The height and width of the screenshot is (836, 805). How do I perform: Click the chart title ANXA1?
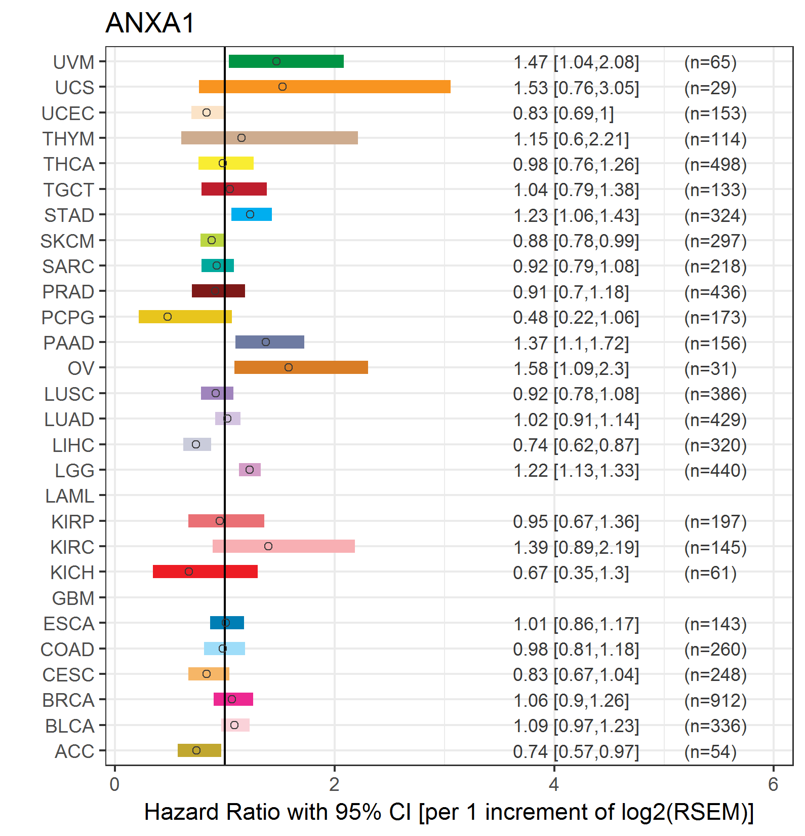click(x=150, y=23)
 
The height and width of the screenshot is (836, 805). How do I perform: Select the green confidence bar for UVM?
click(x=286, y=61)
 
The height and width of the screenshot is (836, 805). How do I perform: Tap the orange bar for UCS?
click(x=325, y=87)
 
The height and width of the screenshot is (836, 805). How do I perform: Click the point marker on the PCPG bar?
click(x=168, y=317)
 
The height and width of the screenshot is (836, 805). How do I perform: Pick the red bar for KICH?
click(x=205, y=572)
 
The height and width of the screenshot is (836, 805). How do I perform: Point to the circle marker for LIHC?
click(x=196, y=444)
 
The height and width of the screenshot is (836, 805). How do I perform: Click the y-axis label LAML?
click(x=70, y=496)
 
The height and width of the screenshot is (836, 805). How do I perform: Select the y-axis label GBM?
click(x=73, y=598)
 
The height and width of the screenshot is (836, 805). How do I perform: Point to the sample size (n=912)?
click(x=715, y=701)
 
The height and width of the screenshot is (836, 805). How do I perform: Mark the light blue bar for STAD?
click(x=252, y=214)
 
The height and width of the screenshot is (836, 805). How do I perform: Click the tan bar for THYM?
click(x=269, y=138)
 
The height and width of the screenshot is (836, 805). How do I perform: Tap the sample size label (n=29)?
click(x=710, y=88)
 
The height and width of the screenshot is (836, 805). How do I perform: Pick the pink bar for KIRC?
click(x=284, y=546)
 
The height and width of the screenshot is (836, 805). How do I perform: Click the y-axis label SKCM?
click(x=67, y=241)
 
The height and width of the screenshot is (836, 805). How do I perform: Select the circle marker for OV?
click(x=289, y=367)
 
